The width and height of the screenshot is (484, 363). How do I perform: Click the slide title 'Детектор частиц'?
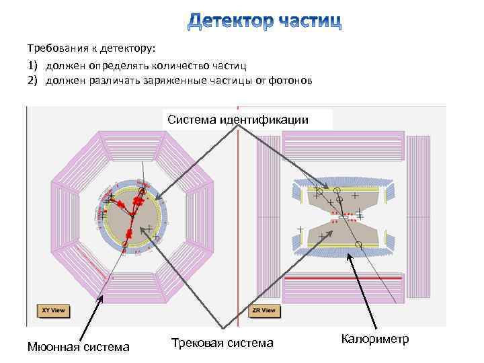[x=264, y=22]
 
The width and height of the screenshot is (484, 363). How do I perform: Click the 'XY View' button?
[x=53, y=311]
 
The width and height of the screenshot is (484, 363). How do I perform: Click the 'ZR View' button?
[x=264, y=311]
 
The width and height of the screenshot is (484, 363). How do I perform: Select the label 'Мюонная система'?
[x=78, y=347]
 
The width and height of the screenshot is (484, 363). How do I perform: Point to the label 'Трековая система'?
[x=222, y=343]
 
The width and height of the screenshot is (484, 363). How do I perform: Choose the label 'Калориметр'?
[x=374, y=339]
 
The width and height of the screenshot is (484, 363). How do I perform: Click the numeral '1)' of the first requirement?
[x=33, y=65]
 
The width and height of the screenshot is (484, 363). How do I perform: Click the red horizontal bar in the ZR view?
[x=343, y=277]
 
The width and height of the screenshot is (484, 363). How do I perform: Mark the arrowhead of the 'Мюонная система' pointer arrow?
[x=102, y=296]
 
